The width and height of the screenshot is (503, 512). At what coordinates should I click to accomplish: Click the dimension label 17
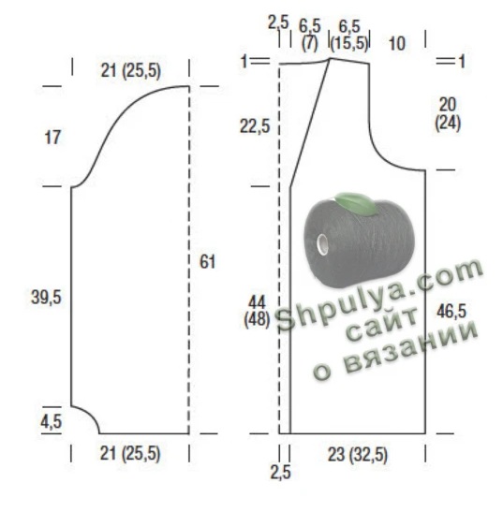[52, 138]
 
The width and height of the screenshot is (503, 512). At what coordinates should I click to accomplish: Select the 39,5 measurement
[46, 298]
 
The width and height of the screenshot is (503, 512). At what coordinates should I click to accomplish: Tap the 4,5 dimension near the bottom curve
[51, 421]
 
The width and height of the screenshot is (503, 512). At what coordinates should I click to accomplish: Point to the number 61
[208, 262]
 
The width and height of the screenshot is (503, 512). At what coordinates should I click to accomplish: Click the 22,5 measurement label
[255, 126]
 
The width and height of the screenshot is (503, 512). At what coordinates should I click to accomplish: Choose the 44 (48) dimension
[257, 311]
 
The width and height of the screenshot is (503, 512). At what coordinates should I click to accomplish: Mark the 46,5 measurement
[451, 311]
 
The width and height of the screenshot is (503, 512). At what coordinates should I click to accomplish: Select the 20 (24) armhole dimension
[448, 114]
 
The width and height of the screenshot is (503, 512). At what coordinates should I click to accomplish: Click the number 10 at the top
[397, 43]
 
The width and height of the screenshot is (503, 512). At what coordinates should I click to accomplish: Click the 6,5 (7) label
[310, 36]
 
